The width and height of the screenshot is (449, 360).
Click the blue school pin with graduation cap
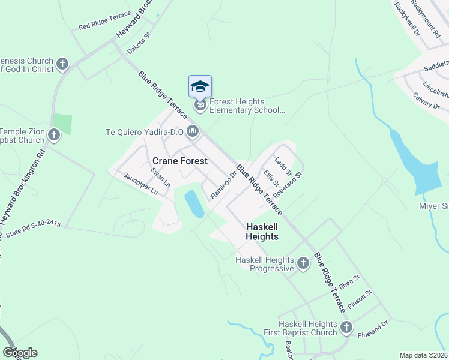(x=200, y=87)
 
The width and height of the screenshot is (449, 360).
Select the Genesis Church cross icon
(x=62, y=64)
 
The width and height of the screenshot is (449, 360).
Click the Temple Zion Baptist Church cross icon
(x=54, y=135)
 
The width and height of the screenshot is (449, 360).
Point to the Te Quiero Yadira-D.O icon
(x=193, y=131)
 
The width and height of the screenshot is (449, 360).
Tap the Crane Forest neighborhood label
(x=180, y=161)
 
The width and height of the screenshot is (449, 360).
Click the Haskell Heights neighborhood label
(x=262, y=232)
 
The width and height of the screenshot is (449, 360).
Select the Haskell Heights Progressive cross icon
(x=303, y=262)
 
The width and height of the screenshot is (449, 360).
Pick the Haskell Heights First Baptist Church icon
(x=346, y=327)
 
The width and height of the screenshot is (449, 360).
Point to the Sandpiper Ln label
(x=140, y=184)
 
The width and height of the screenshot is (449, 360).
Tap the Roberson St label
(x=286, y=187)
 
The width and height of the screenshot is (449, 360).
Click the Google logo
(x=20, y=352)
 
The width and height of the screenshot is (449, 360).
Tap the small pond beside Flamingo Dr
(x=194, y=204)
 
